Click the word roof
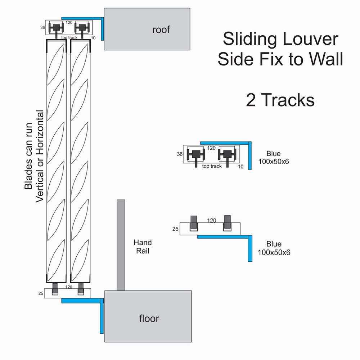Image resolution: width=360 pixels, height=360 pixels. [x=161, y=30]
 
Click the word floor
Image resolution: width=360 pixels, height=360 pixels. [x=149, y=318]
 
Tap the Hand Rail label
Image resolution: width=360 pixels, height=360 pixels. [x=143, y=247]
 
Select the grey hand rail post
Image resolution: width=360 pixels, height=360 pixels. [x=121, y=245]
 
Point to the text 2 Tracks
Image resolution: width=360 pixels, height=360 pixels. [x=280, y=100]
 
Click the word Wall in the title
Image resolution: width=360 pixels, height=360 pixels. [x=327, y=59]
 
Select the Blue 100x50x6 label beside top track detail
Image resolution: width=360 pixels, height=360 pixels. [x=274, y=158]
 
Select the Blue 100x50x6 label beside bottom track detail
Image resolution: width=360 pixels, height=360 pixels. [x=274, y=248]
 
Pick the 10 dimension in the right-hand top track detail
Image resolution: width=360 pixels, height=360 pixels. [x=241, y=166]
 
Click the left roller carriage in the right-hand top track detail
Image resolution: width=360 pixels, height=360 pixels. [x=196, y=154]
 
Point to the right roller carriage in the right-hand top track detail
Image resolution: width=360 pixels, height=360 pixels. [x=227, y=154]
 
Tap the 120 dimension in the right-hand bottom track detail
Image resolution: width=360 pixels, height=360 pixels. [x=212, y=220]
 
